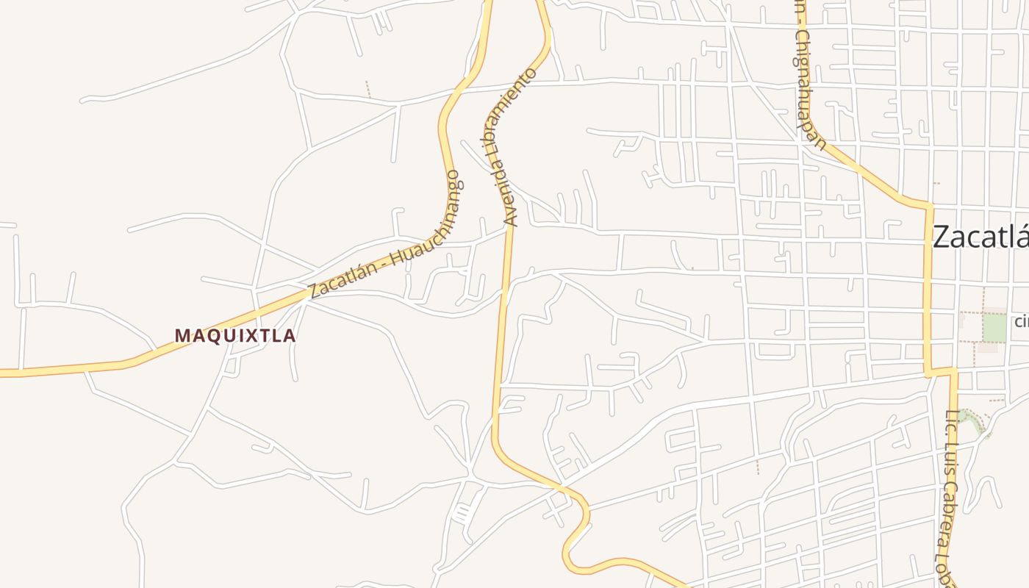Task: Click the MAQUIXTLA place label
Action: pos(235,336)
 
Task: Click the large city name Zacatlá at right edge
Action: pos(980,237)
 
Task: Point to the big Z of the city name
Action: pos(944,237)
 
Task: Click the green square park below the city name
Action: pos(994,327)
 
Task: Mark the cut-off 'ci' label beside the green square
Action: pos(1021,321)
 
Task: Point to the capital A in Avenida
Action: pos(511,220)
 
